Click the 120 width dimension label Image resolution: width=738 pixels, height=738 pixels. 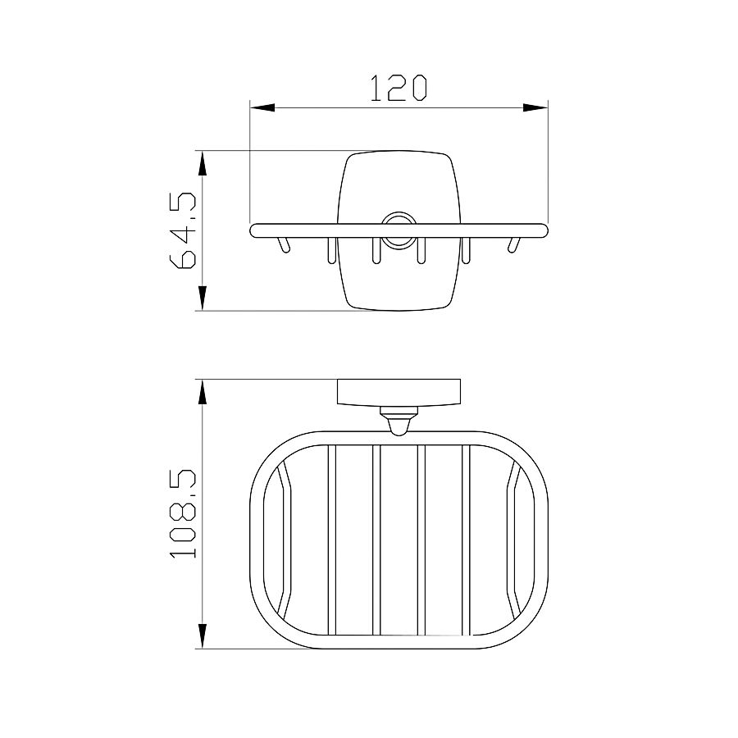click(x=399, y=88)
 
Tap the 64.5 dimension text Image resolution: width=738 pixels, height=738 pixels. click(x=182, y=230)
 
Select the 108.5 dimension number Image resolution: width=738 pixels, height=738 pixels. click(x=182, y=513)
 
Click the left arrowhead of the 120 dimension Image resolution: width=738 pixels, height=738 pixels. click(x=262, y=107)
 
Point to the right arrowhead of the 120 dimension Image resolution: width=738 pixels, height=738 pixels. click(x=535, y=107)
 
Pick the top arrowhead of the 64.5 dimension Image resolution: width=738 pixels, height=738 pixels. click(x=203, y=163)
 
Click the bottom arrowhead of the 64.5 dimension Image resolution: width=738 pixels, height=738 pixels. click(x=203, y=298)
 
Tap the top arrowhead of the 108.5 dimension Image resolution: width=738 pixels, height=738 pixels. click(x=203, y=391)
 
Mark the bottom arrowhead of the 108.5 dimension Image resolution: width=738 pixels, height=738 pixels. click(x=203, y=636)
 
